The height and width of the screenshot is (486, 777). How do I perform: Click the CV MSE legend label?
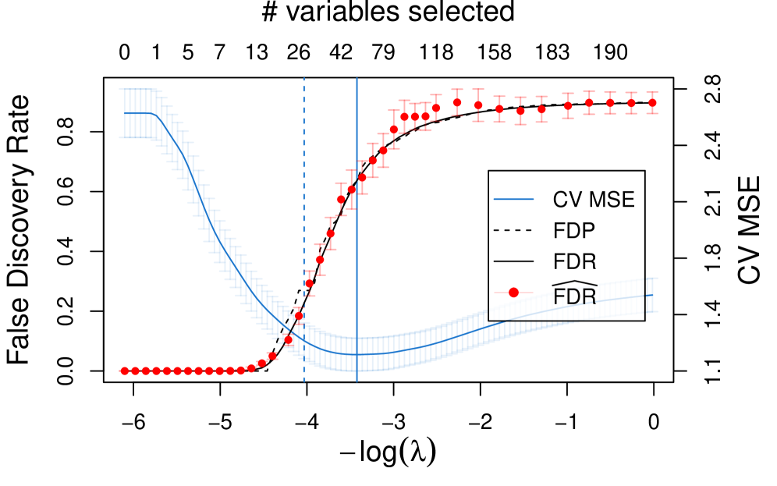click(x=593, y=200)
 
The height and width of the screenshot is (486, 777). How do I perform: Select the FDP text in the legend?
click(x=573, y=231)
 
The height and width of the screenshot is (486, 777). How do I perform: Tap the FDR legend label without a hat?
click(x=574, y=261)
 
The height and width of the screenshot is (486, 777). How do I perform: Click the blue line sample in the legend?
click(x=513, y=200)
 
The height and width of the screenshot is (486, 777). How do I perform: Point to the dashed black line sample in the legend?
click(x=513, y=231)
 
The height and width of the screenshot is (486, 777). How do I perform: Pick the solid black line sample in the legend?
click(x=513, y=261)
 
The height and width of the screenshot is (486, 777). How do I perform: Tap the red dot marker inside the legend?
click(x=513, y=293)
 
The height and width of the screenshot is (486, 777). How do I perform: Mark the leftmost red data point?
click(x=124, y=371)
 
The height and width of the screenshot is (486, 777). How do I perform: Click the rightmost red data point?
click(x=652, y=102)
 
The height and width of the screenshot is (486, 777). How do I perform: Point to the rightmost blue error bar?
click(x=652, y=294)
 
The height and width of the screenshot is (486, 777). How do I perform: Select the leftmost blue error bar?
click(x=124, y=113)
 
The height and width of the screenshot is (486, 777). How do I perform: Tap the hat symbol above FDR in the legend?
click(x=574, y=282)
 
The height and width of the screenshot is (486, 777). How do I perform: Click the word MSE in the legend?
click(x=612, y=200)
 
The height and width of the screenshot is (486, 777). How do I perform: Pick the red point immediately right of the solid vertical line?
click(x=362, y=177)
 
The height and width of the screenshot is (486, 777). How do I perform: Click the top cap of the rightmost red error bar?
click(x=652, y=92)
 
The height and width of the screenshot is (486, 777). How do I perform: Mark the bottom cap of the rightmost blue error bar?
click(x=652, y=311)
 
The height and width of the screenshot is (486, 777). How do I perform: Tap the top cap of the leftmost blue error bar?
click(x=124, y=90)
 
